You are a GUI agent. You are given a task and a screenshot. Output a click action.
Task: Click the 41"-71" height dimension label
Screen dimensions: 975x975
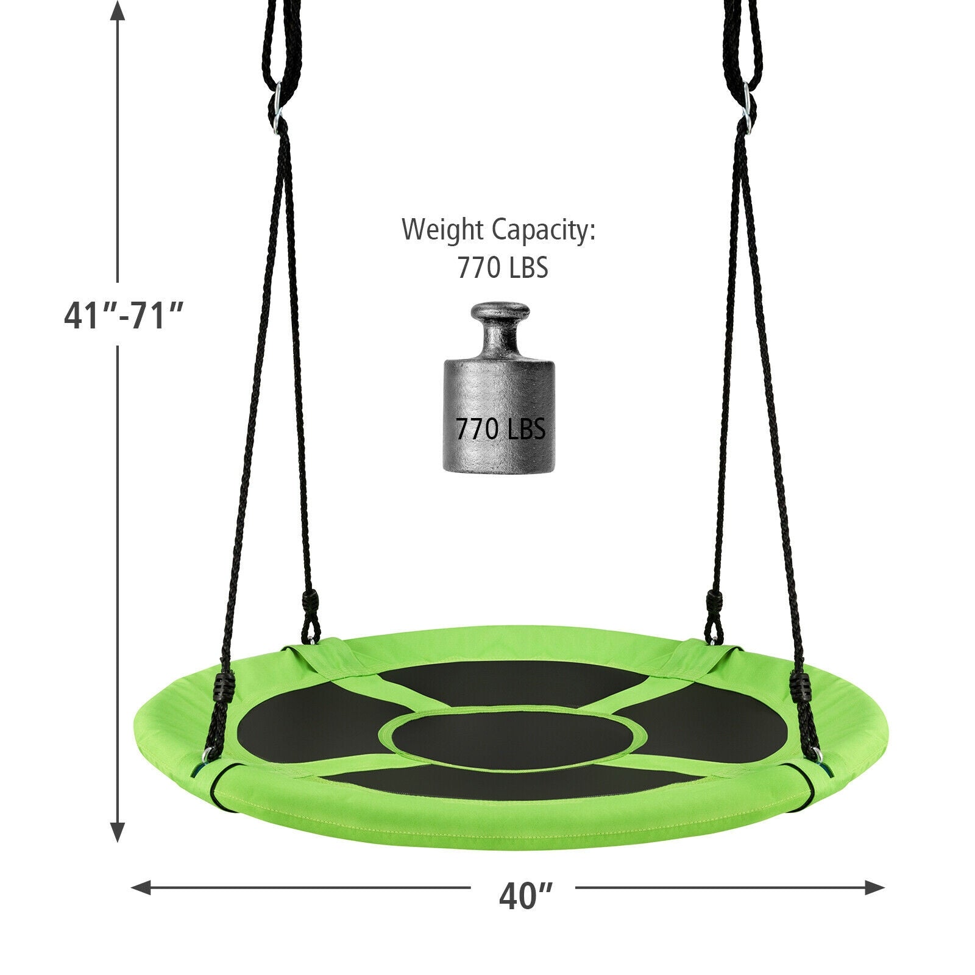(x=124, y=316)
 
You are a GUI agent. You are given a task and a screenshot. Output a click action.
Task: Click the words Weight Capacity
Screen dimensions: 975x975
(x=498, y=230)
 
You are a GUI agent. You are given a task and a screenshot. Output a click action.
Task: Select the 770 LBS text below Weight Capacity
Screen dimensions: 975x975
(x=503, y=268)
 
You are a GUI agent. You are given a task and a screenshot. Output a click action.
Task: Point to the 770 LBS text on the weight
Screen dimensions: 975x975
(x=500, y=430)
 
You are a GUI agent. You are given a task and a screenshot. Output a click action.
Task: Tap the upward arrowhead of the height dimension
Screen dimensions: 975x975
(x=117, y=12)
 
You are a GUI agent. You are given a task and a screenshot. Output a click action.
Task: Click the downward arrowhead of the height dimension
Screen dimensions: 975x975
(x=117, y=831)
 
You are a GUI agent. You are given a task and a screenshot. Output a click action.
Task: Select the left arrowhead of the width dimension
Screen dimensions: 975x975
(x=142, y=887)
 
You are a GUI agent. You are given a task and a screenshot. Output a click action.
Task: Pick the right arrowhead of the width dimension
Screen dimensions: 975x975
(x=873, y=887)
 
